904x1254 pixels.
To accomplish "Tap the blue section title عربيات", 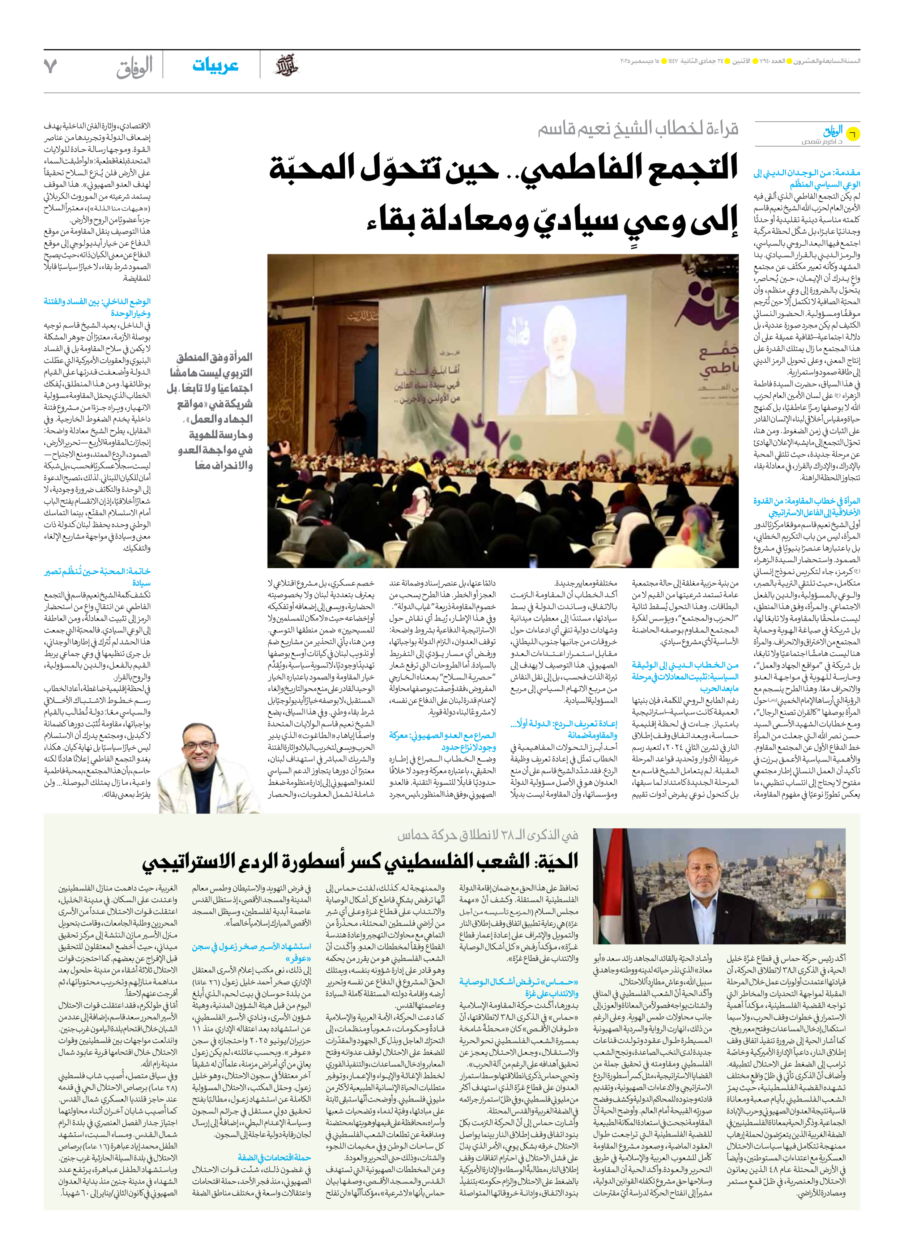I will coord(215,65).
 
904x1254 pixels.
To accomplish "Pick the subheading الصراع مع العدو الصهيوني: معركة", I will coord(442,735).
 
